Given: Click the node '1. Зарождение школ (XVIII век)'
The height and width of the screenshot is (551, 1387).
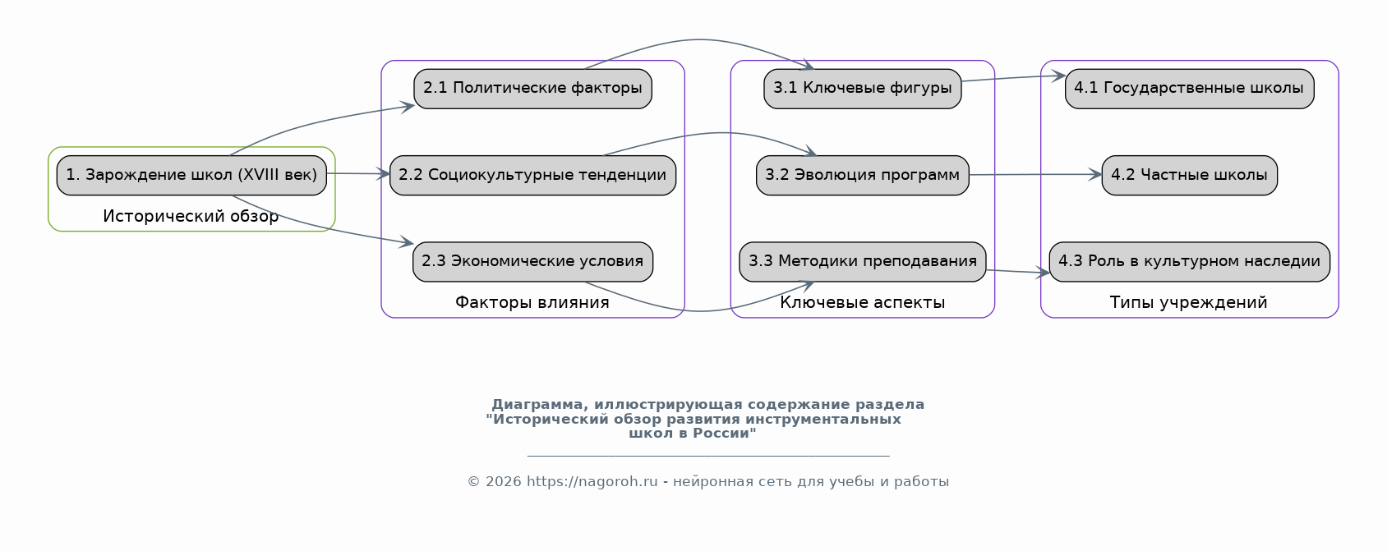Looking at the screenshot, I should coord(191,175).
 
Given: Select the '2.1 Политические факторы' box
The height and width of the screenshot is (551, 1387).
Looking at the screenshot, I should coord(532,89).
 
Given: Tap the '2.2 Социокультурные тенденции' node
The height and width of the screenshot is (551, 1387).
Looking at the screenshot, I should coord(532,175).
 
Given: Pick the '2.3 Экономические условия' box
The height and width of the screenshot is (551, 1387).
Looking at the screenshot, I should coord(532,261).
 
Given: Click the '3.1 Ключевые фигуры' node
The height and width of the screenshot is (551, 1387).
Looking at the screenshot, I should coord(862,89).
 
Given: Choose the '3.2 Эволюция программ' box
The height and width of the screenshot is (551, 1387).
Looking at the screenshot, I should coord(862,175).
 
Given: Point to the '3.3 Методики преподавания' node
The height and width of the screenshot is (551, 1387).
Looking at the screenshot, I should coord(862,261).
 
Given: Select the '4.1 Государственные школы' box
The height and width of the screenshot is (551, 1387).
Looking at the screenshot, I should coord(1189,89).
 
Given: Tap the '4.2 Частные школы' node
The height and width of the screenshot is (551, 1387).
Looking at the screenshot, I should coord(1189,175).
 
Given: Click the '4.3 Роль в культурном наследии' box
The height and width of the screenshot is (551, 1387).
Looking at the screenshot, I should coord(1189,261).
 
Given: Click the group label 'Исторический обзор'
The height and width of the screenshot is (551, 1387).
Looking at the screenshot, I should coord(191,217).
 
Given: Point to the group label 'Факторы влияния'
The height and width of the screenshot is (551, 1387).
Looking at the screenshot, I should coord(532,303).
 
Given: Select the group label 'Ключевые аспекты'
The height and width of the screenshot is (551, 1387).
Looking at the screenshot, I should coord(862,303).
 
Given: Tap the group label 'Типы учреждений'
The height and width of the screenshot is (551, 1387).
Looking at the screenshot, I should coord(1188,303).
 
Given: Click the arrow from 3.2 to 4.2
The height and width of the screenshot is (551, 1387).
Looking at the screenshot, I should coord(1035,174).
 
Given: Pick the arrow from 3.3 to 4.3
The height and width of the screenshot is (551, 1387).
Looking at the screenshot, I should coord(1017,272).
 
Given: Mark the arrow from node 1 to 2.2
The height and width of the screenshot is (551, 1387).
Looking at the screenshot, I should coord(357,173).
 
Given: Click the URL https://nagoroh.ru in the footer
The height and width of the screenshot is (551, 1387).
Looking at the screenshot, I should coord(592,482).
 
